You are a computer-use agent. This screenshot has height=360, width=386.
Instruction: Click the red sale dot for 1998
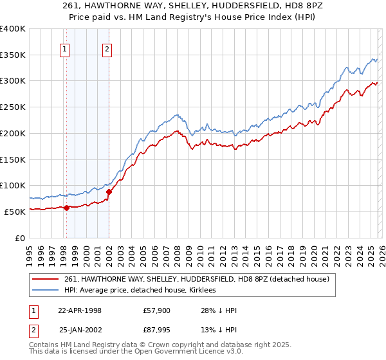[x=66, y=207]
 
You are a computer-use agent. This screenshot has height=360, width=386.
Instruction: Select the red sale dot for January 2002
[x=109, y=192]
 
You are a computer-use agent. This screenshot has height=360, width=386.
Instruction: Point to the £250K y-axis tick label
[x=13, y=107]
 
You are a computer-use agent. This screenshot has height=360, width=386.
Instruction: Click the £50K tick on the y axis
[x=15, y=211]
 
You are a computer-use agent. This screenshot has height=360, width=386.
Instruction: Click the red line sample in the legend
[x=46, y=279]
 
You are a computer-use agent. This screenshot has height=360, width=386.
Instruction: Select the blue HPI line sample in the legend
[x=46, y=290]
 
